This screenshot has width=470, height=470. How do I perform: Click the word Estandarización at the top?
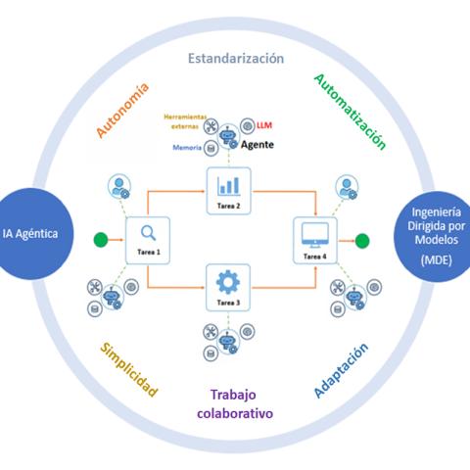236,58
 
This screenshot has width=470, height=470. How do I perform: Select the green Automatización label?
350,110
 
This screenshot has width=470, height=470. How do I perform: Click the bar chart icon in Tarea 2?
228,184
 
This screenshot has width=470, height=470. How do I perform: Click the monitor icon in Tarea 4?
314,233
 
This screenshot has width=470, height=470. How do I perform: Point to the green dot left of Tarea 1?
98,239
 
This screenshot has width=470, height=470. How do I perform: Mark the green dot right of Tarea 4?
362,239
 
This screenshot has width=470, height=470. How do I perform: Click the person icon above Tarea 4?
345,184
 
